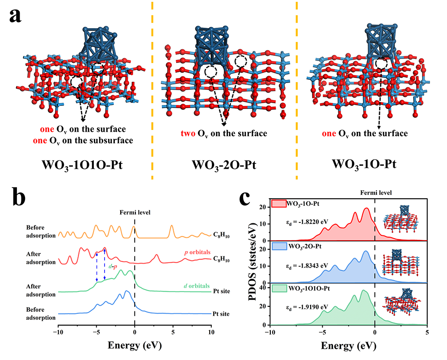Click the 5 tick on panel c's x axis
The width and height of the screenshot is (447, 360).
point(427,333)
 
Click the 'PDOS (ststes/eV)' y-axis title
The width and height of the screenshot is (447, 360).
point(252,262)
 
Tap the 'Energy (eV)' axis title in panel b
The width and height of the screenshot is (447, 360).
point(134,346)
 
